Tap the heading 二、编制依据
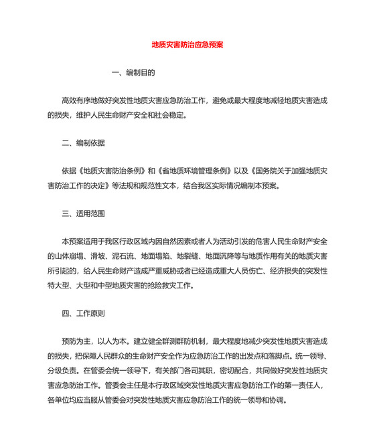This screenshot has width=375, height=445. click(83, 145)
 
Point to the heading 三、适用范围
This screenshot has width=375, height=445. click(83, 215)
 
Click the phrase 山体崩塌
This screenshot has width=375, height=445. click(70, 256)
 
